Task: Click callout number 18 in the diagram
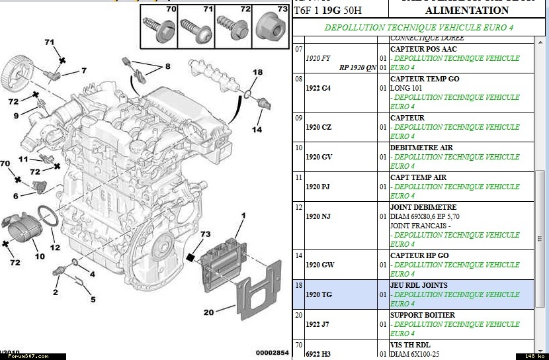[x=257, y=72]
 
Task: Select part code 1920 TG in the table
[x=319, y=294]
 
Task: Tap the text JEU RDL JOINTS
[x=419, y=285]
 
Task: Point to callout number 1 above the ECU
[x=243, y=216]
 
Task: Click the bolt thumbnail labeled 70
[x=159, y=25]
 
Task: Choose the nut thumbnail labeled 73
[x=271, y=24]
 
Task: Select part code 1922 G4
[x=319, y=88]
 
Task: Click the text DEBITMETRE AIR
[x=421, y=148]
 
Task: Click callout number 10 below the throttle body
[x=40, y=256]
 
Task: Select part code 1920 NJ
[x=319, y=216]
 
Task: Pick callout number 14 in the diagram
[x=257, y=129]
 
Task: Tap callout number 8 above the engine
[x=167, y=66]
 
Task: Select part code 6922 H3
[x=319, y=354]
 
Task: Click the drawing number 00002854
[x=273, y=353]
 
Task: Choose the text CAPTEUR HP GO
[x=419, y=255]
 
